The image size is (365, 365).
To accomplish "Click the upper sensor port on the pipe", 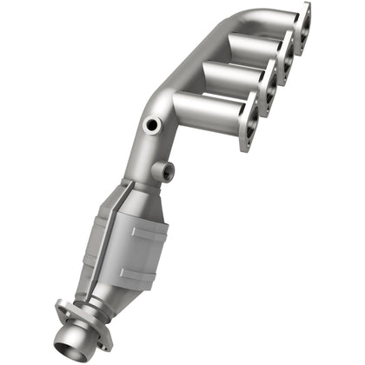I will pos(152,124).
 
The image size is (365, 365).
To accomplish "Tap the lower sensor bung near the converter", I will pos(164,170).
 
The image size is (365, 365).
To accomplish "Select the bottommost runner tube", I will pos(209,110).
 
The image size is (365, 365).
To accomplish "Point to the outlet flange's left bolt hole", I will pos(61,305).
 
